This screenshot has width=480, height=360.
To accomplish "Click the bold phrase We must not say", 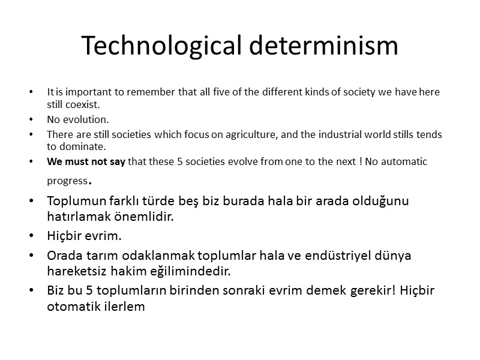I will point(86,162).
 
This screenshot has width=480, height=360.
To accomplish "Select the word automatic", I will point(406,162).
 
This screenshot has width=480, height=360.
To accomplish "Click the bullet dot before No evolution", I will point(31,119).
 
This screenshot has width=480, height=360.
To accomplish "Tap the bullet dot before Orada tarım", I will point(32,256).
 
